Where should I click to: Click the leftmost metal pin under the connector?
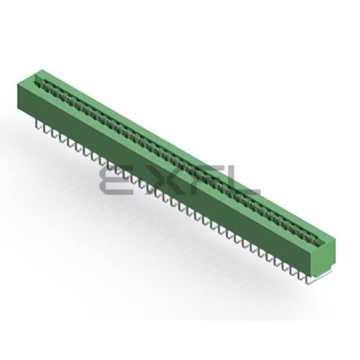tap(37, 126)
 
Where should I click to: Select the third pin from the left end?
tap(53, 135)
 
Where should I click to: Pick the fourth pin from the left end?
tap(61, 139)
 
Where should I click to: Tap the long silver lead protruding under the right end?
tap(320, 277)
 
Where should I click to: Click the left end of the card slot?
tap(37, 79)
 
